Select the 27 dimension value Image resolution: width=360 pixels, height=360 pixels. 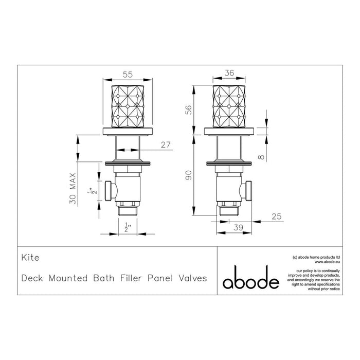(x=165, y=145)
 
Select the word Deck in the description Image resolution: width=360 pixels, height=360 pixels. (x=34, y=279)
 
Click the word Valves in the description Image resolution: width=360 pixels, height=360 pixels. (x=192, y=279)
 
